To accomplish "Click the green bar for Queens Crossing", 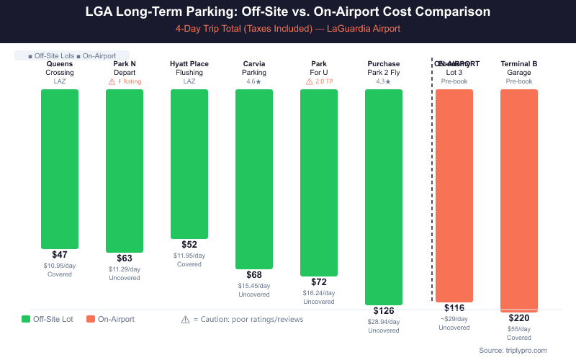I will pyautogui.click(x=60, y=168).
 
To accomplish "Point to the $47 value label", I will pyautogui.click(x=60, y=255).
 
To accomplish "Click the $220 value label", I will pyautogui.click(x=519, y=318).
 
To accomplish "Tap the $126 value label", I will pyautogui.click(x=384, y=311).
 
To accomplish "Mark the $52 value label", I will pyautogui.click(x=189, y=245).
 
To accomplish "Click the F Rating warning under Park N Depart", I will pyautogui.click(x=125, y=81).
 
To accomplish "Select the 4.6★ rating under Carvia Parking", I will pyautogui.click(x=254, y=81).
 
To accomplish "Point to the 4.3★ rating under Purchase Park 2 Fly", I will pyautogui.click(x=384, y=81).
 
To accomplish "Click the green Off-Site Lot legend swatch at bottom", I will pyautogui.click(x=26, y=319).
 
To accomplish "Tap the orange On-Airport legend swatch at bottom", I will pyautogui.click(x=91, y=319).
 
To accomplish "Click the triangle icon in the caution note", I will pyautogui.click(x=185, y=319).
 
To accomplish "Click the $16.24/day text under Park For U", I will pyautogui.click(x=319, y=293).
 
